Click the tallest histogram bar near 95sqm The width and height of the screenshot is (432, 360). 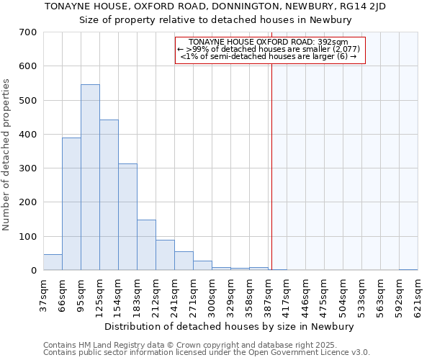tap(90, 177)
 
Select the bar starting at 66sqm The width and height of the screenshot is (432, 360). tap(71, 204)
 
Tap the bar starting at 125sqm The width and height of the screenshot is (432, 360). tap(109, 194)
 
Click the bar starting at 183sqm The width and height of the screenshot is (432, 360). tap(146, 245)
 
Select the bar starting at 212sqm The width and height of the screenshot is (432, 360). tap(165, 255)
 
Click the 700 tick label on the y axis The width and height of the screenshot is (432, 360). tap(28, 32)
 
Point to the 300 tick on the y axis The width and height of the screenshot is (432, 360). tap(28, 168)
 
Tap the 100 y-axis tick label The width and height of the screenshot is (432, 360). tap(28, 236)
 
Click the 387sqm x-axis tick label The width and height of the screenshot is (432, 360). tap(269, 294)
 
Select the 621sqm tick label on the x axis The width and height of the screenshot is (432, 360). tap(418, 294)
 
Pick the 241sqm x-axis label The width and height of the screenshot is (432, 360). tap(175, 294)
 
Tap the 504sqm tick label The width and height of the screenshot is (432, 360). tap(343, 294)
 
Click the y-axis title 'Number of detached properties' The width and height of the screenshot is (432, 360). tap(6, 154)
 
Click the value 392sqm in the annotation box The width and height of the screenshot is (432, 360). tap(334, 42)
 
